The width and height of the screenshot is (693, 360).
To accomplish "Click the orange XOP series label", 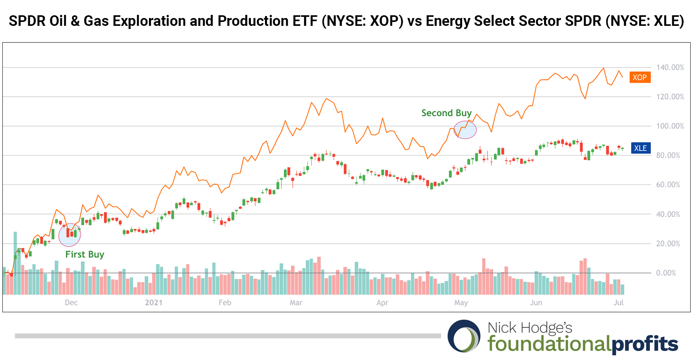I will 640,77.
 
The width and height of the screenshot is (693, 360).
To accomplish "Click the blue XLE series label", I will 640,148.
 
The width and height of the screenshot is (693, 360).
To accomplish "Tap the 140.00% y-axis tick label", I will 670,67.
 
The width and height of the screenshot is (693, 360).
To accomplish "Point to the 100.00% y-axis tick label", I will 670,126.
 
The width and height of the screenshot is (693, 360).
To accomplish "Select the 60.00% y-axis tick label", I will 668,185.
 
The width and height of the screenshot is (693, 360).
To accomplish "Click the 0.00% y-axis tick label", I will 666,273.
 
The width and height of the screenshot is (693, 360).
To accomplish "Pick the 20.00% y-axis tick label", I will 668,243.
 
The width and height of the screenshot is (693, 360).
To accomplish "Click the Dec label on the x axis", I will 71,302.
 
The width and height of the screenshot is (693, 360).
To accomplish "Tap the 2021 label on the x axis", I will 154,302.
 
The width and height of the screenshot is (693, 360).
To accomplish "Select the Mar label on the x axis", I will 296,302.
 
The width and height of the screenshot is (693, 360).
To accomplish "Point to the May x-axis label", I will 461,302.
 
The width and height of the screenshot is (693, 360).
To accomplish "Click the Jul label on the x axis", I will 619,302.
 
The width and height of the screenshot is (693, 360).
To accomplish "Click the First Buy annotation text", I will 85,254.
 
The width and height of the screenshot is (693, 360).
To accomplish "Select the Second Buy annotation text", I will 446,113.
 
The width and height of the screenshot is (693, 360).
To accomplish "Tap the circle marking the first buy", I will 69,235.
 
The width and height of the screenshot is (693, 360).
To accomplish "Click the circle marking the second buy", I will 465,130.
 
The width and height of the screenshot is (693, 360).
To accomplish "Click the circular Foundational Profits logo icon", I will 464,336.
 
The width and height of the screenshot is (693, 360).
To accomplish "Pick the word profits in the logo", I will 644,344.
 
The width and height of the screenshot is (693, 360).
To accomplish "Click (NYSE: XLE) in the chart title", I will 645,21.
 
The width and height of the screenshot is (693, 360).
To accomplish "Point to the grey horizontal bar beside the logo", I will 228,336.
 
